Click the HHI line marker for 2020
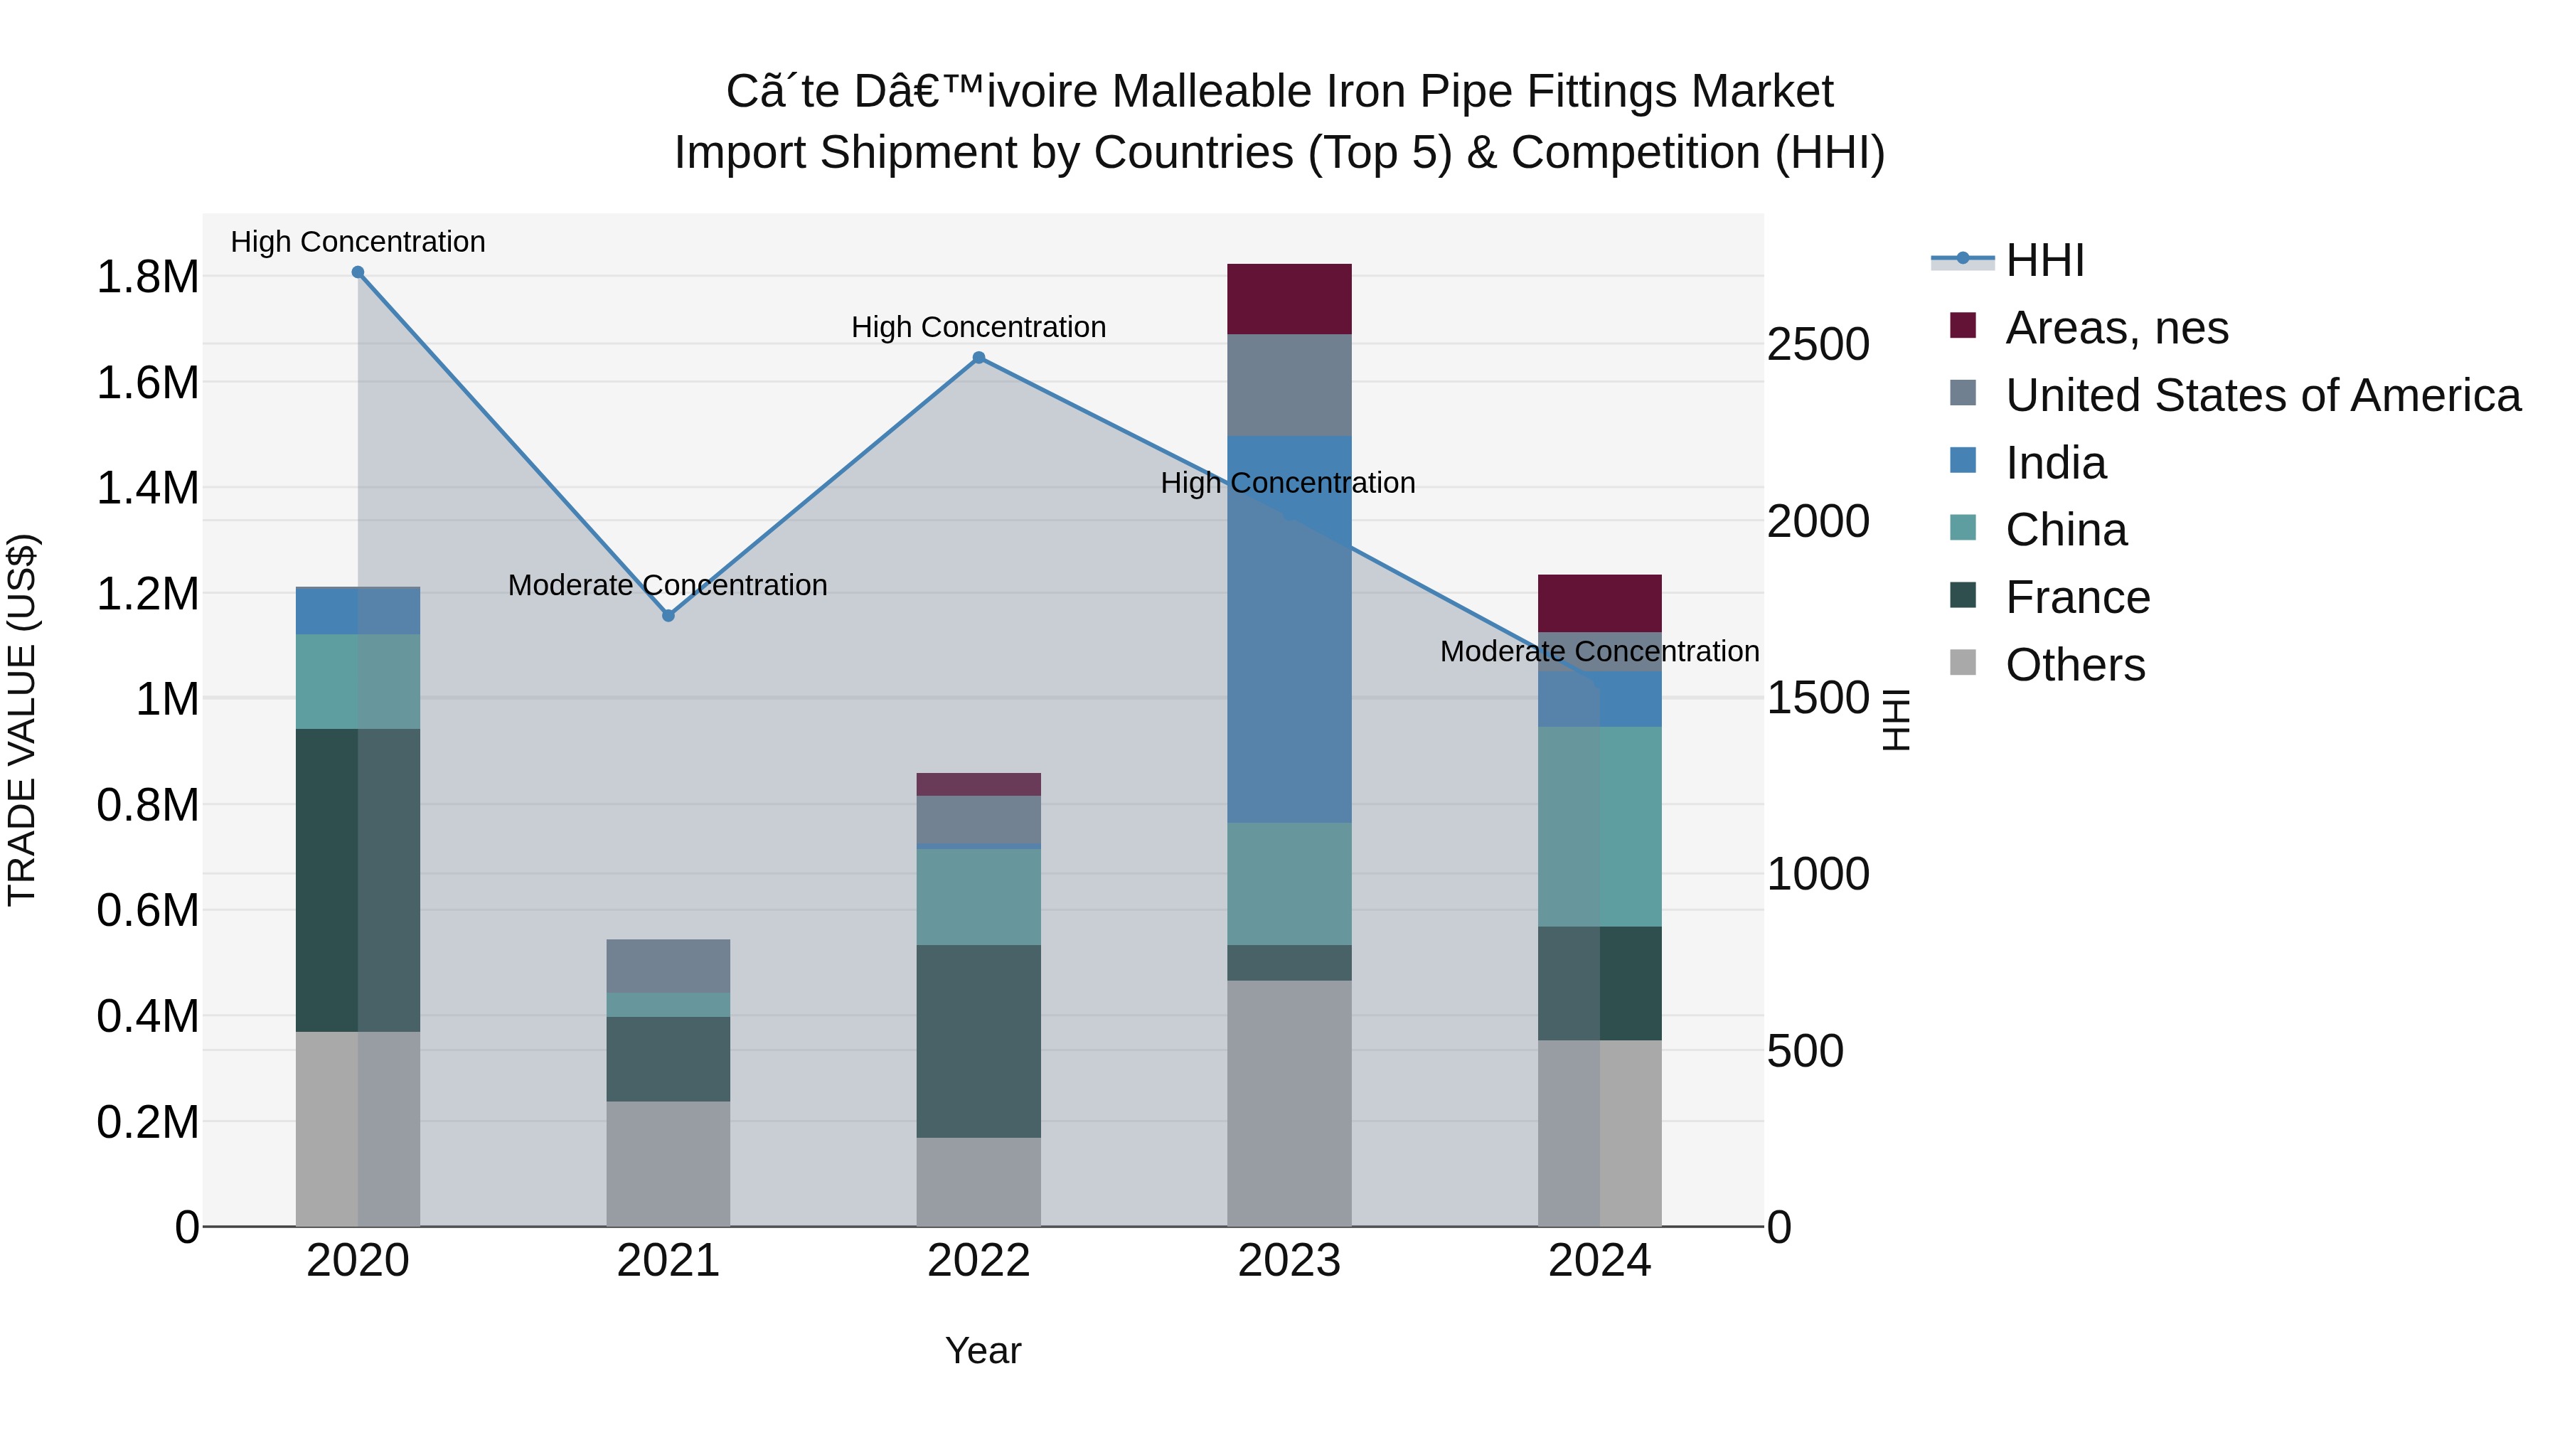[358, 272]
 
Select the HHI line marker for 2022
[979, 358]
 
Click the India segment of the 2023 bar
[1289, 629]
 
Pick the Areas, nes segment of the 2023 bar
[1289, 299]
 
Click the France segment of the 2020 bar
[358, 880]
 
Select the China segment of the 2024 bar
[1600, 827]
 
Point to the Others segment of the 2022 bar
[979, 1182]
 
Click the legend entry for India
[2055, 463]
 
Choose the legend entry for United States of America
[2263, 395]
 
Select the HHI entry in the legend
[2044, 260]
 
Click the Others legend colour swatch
[1963, 662]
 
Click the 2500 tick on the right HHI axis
[1818, 345]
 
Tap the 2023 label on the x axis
[1289, 1261]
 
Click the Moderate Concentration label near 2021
[668, 585]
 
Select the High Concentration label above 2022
[979, 327]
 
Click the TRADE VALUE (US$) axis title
[22, 720]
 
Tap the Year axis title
[983, 1350]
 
